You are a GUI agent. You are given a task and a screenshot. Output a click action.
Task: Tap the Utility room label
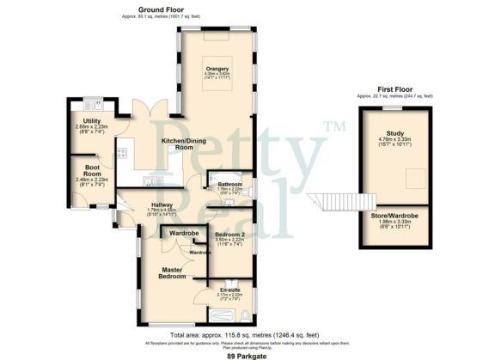(x=82, y=121)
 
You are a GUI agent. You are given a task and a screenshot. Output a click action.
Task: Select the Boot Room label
(x=84, y=171)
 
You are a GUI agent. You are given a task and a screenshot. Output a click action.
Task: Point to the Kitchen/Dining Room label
(x=177, y=143)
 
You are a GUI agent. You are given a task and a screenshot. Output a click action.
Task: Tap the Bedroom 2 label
(x=230, y=235)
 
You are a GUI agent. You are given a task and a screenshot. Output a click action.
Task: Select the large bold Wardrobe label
(x=185, y=234)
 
